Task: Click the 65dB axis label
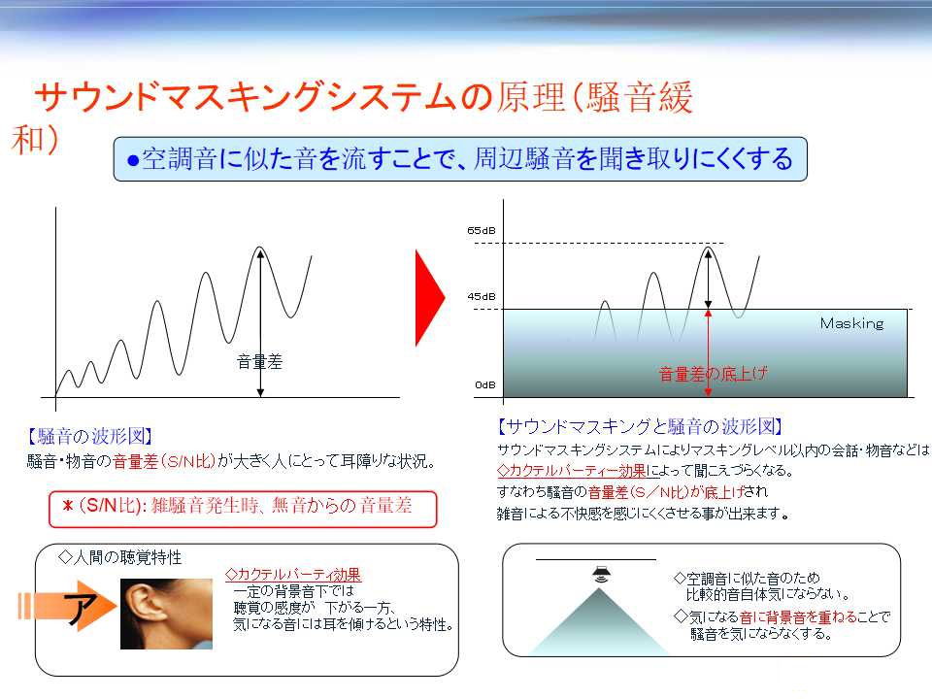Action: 481,231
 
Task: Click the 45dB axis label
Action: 481,297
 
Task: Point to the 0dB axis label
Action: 485,385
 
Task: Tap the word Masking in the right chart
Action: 851,323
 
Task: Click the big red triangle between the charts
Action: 430,298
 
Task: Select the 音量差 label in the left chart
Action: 260,361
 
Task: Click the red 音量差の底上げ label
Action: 714,374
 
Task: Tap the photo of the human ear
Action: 166,614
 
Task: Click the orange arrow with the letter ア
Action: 67,607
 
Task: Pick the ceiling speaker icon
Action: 601,574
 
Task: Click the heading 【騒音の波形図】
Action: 89,436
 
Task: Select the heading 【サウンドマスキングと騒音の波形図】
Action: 640,426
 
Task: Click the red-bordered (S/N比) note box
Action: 243,509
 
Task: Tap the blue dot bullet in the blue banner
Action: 133,160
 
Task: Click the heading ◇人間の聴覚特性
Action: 120,557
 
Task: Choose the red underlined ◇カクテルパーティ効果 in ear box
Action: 292,575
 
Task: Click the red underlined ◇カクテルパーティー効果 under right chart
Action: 571,471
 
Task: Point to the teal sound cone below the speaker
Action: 599,621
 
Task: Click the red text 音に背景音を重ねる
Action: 791,617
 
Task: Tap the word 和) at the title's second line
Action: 35,140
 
